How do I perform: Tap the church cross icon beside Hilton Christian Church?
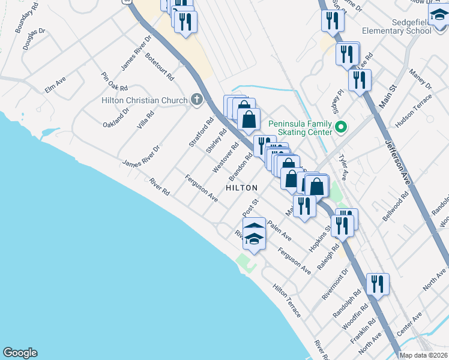click(x=196, y=100)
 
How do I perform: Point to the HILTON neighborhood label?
click(x=242, y=188)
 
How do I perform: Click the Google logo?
click(x=20, y=353)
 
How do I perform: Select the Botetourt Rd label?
click(x=159, y=67)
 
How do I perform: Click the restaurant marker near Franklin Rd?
click(x=378, y=284)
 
